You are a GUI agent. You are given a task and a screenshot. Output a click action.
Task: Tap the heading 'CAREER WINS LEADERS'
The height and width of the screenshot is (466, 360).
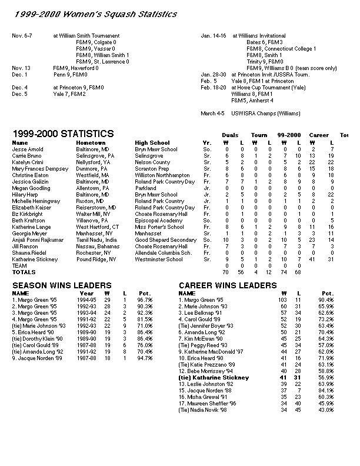point(228,285)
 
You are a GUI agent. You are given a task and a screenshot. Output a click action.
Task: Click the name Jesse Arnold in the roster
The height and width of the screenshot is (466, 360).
point(28,149)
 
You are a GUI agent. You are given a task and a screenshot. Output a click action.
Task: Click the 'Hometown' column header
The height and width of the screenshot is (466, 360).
point(91,143)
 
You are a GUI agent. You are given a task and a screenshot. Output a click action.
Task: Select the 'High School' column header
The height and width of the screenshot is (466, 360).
point(152,143)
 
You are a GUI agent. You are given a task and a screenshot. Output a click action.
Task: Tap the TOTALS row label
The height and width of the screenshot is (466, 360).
point(24,272)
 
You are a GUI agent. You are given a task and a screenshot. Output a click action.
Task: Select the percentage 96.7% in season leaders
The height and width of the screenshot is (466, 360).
point(145,299)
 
